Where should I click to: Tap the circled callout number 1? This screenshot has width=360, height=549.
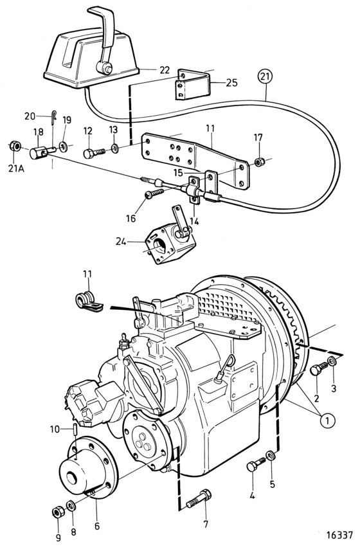click(328, 420)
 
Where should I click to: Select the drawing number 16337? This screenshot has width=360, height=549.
click(339, 535)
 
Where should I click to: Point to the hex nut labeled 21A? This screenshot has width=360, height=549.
click(14, 146)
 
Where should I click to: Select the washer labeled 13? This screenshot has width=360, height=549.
click(114, 148)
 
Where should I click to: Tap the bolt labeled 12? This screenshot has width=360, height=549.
click(94, 153)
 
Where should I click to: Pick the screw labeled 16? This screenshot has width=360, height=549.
click(154, 193)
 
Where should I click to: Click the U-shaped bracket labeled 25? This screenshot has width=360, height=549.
click(193, 84)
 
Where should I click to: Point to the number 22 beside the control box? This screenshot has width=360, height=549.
click(164, 70)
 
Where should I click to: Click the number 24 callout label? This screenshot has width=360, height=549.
click(121, 242)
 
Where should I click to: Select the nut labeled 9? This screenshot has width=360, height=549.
click(57, 512)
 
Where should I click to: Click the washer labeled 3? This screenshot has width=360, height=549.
click(332, 361)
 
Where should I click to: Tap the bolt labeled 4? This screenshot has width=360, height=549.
click(256, 464)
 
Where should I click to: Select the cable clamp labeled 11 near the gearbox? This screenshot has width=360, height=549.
click(88, 301)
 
